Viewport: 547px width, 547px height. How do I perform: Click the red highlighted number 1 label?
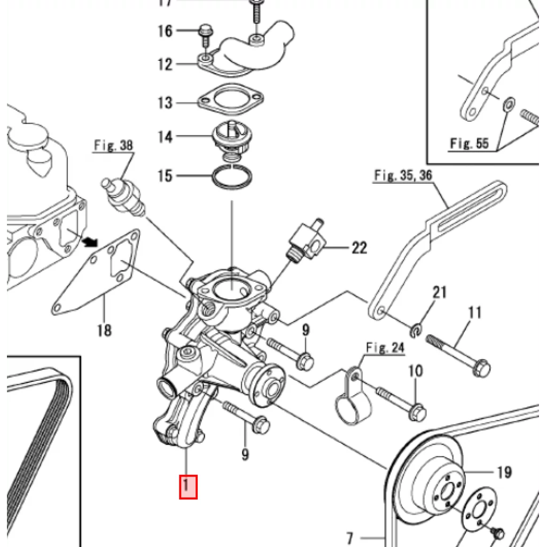point(188,487)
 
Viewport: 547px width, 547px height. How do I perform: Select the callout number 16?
point(165,31)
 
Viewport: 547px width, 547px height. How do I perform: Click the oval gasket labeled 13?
point(231,99)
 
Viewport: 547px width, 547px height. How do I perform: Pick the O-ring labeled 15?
point(232,176)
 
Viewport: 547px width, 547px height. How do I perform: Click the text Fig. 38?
point(114,145)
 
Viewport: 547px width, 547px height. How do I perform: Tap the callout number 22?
point(359,247)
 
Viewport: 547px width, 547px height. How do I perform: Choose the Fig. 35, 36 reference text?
point(403,175)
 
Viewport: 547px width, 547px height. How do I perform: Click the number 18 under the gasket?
point(104,330)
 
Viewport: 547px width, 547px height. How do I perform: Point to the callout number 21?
point(439,292)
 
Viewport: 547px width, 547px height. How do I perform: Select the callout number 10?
point(416,371)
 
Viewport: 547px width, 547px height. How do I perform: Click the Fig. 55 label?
point(469,143)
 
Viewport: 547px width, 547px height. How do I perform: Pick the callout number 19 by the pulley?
point(504,472)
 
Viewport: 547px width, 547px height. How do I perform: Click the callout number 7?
point(350,536)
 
